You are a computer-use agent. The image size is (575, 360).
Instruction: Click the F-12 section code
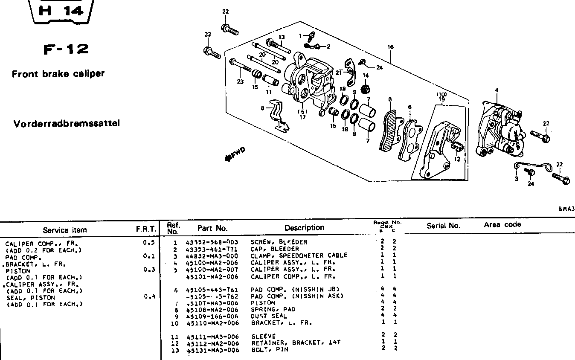pos(66,49)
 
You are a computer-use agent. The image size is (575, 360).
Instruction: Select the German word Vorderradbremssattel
pos(66,124)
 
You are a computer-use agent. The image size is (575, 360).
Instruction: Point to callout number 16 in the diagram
pos(390,47)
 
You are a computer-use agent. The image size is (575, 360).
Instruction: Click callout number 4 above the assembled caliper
pos(496,90)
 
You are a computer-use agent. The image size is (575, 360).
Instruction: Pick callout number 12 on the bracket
pos(457,160)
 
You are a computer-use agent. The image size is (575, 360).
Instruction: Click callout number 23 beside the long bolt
pos(241,82)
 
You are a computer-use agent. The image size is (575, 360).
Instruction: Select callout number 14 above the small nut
pos(366,75)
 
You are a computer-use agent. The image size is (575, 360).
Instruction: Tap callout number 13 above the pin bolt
pos(282,38)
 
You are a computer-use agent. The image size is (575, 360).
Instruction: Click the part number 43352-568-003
pos(212,242)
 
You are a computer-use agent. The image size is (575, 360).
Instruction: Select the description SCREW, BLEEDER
pos(279,242)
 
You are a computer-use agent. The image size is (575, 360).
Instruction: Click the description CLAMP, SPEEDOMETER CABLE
pos(299,255)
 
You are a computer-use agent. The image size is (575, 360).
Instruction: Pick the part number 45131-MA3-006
pos(212,350)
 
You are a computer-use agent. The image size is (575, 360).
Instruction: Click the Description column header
pos(304,228)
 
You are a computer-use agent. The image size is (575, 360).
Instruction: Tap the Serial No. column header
pos(443,226)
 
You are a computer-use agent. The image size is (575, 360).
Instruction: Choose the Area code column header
pos(502,224)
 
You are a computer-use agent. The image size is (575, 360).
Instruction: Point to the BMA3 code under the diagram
pos(566,209)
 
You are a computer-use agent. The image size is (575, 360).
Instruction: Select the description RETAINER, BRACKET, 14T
pos(296,343)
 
